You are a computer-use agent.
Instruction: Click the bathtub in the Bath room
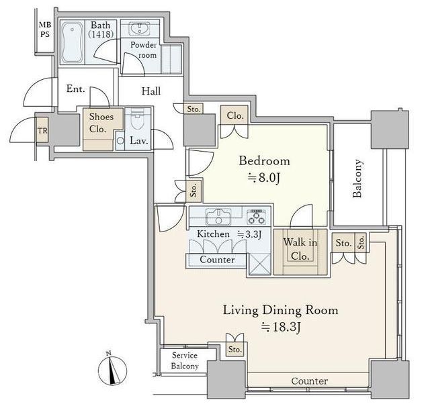pos(72,42)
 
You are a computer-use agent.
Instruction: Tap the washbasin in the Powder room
pos(140,29)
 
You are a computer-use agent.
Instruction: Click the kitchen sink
pos(218,217)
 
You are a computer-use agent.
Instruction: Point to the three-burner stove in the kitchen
pos(257,217)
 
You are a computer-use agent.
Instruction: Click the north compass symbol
pos(112,369)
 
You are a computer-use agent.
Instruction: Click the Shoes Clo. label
pos(101,122)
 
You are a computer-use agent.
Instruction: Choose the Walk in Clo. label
pos(300,249)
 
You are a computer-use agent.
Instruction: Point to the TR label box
pos(42,131)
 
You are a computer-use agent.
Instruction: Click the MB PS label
pos(45,30)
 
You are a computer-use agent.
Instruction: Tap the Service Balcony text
pos(185,360)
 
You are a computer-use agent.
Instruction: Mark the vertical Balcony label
pos(357,179)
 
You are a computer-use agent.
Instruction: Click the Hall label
pos(151,91)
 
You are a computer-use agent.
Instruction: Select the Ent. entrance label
pos(76,89)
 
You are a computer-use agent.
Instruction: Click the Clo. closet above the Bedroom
pos(235,115)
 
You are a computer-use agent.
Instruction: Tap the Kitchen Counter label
pos(217,260)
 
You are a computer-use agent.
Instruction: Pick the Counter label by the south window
pos(310,380)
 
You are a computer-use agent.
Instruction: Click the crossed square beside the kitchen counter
pos(260,264)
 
